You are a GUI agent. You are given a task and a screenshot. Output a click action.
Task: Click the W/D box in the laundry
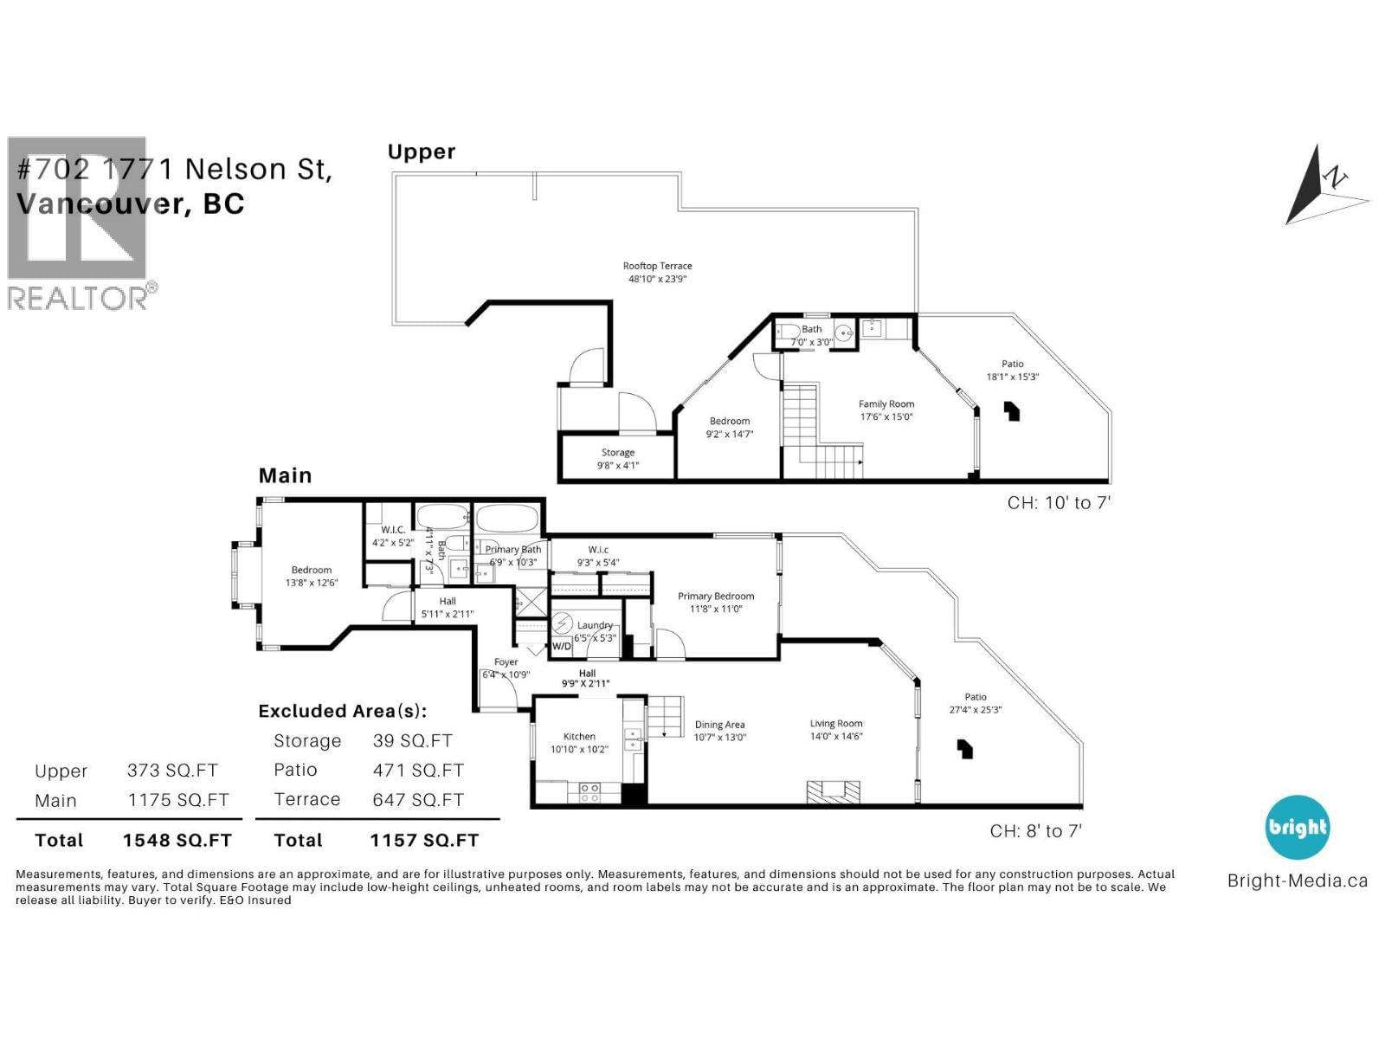click(562, 646)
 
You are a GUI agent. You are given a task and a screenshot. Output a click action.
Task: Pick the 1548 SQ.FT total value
click(177, 840)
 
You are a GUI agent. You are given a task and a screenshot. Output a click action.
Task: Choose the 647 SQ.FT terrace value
click(418, 800)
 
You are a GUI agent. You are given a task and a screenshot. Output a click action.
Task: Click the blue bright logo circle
click(1297, 827)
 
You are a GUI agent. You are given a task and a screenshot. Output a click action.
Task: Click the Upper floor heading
click(421, 152)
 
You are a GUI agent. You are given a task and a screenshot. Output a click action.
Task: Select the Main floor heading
click(285, 475)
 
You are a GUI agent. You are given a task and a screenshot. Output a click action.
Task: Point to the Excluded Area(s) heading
click(343, 711)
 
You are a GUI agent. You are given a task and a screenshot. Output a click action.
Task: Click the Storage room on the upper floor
click(617, 458)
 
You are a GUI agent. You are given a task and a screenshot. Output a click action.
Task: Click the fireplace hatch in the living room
click(834, 791)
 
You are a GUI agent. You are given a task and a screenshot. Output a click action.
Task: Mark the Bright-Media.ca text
click(1297, 881)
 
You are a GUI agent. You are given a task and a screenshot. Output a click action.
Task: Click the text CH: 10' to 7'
click(1058, 502)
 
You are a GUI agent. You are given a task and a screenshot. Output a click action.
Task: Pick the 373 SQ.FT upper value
click(172, 771)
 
